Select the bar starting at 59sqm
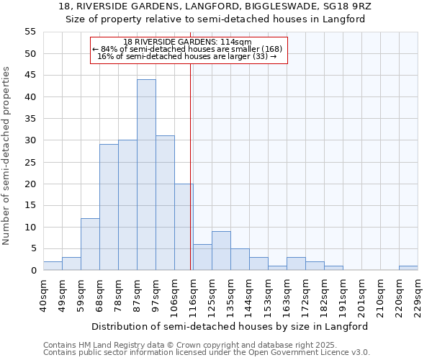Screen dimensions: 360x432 [90, 244]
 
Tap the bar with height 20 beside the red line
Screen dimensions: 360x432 [184, 227]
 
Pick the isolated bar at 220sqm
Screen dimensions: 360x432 [408, 268]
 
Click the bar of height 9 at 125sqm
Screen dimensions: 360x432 [221, 251]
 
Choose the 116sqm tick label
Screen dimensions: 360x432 [194, 295]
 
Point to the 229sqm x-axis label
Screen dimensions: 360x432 [418, 295]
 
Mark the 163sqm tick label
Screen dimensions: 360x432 [287, 295]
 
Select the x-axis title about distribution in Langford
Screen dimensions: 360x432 [230, 326]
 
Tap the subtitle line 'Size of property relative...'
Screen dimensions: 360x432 [216, 19]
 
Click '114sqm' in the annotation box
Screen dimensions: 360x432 [236, 42]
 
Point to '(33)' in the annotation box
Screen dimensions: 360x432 [261, 56]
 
